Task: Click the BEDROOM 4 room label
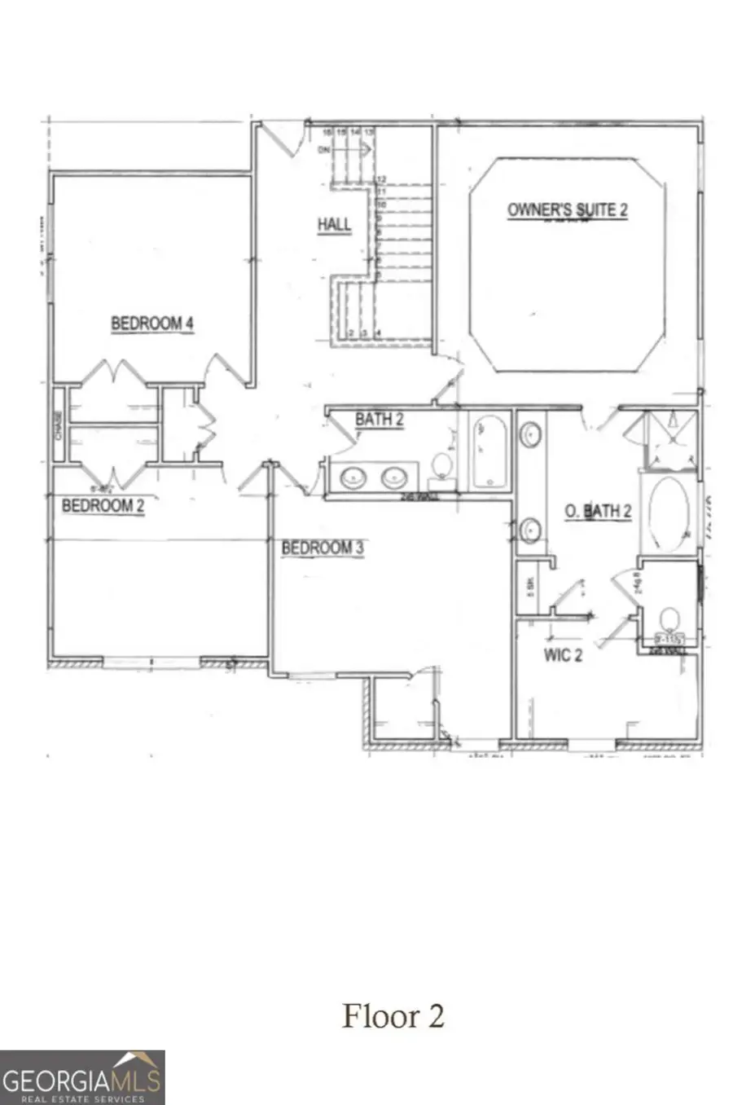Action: pyautogui.click(x=152, y=324)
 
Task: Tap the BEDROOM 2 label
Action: pyautogui.click(x=103, y=505)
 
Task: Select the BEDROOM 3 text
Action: pyautogui.click(x=323, y=548)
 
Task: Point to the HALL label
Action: pyautogui.click(x=334, y=224)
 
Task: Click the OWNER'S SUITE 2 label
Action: pyautogui.click(x=568, y=209)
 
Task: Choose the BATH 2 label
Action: pyautogui.click(x=380, y=420)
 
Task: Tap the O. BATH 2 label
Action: pyautogui.click(x=599, y=511)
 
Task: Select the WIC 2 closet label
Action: pyautogui.click(x=564, y=654)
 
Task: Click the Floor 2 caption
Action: pyautogui.click(x=393, y=1015)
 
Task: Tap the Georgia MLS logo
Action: pyautogui.click(x=82, y=1077)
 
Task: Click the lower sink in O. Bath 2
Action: pyautogui.click(x=531, y=530)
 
